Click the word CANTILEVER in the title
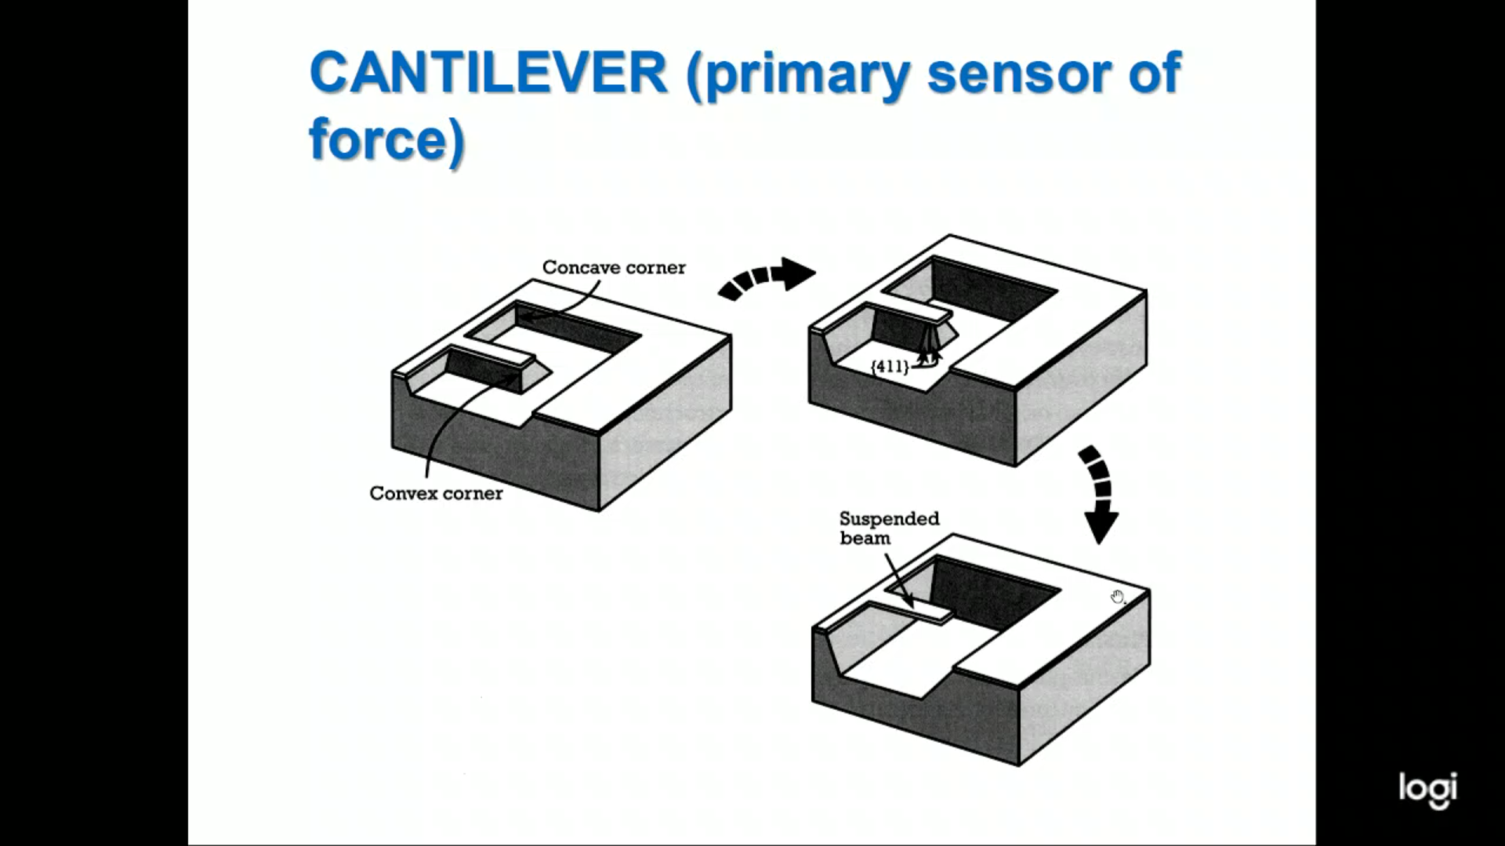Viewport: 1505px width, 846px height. point(488,73)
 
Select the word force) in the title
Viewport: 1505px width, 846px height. point(387,139)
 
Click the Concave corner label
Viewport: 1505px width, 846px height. point(613,268)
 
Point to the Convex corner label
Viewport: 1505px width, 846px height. point(436,493)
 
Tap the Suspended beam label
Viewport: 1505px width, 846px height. point(888,528)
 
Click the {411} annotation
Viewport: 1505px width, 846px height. point(890,366)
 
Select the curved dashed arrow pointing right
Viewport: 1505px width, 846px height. point(766,277)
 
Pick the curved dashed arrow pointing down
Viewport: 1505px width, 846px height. point(1097,493)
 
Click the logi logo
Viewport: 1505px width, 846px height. point(1427,789)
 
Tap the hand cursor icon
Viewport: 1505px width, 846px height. point(1117,598)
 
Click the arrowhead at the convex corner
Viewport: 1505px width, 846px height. point(513,378)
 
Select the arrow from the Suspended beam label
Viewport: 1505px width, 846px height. point(899,580)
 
